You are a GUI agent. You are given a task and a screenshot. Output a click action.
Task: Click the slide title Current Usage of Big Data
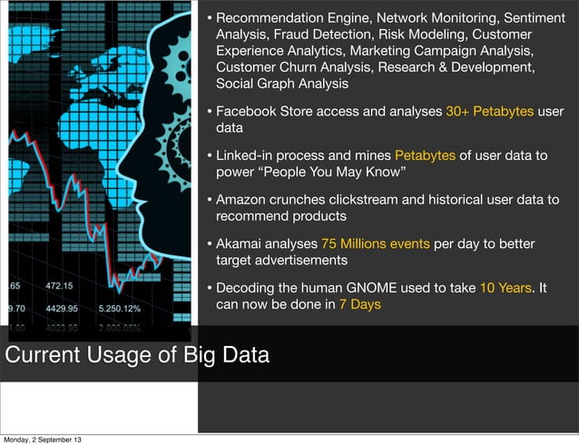138,354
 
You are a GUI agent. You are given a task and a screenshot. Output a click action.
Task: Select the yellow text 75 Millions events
374,243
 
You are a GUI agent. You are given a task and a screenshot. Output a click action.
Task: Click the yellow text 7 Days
359,304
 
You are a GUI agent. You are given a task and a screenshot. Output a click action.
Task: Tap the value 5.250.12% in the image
126,308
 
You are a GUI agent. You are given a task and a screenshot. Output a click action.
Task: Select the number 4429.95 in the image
65,308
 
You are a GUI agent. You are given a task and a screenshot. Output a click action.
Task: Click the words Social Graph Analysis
282,84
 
